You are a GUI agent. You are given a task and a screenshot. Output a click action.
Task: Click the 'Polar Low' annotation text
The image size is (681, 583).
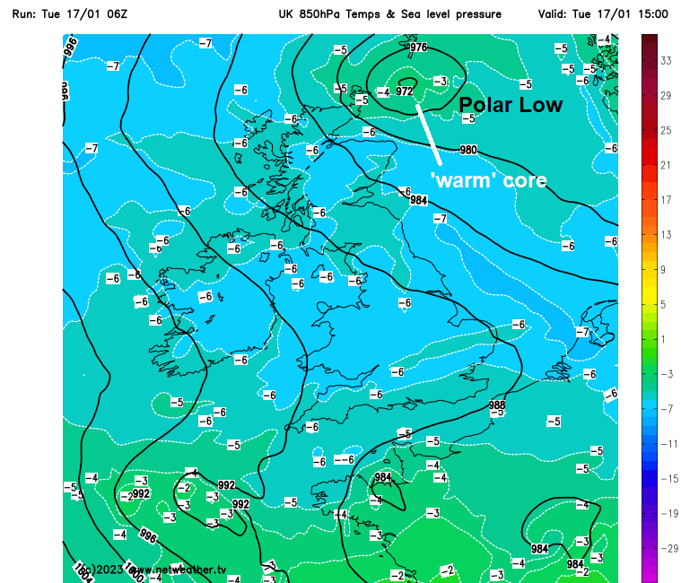point(511,105)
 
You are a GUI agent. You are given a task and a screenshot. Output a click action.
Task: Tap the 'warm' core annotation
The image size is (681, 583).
point(488,179)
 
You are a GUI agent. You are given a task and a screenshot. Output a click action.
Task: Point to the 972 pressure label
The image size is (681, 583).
point(404,91)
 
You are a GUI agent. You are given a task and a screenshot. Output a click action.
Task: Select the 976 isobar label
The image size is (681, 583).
point(418,47)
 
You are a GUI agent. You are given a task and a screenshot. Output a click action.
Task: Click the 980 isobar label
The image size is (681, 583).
point(468,150)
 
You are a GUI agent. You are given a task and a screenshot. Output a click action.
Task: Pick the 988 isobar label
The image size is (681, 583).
point(496,405)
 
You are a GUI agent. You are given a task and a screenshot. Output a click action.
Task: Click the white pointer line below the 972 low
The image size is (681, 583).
point(430,134)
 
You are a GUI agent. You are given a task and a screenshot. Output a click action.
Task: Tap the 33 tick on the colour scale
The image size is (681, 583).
point(667,61)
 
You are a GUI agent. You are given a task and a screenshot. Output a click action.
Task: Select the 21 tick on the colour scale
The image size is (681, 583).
point(667,165)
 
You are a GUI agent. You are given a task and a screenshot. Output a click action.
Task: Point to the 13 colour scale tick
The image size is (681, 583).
point(667,235)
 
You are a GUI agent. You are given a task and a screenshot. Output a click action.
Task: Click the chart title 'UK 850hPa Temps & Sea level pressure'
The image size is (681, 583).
point(389,14)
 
